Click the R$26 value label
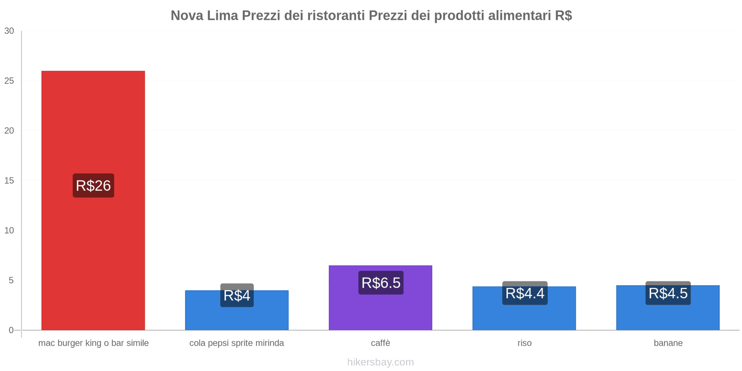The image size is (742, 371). (x=93, y=185)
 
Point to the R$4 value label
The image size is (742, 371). (x=237, y=295)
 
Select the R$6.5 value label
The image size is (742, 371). (x=381, y=283)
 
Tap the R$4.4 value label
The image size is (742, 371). (x=525, y=293)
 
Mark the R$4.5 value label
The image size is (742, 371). (x=668, y=293)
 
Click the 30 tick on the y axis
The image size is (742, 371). (x=9, y=31)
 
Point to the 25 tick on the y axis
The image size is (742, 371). (x=9, y=81)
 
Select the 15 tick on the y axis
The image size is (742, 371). (x=9, y=181)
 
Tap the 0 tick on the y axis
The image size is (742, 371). (x=11, y=330)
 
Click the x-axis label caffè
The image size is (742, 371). (x=380, y=343)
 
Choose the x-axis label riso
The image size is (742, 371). (x=525, y=343)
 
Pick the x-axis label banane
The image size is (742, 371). (x=668, y=343)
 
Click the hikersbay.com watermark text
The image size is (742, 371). (x=380, y=362)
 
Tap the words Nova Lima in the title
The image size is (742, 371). (x=204, y=16)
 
